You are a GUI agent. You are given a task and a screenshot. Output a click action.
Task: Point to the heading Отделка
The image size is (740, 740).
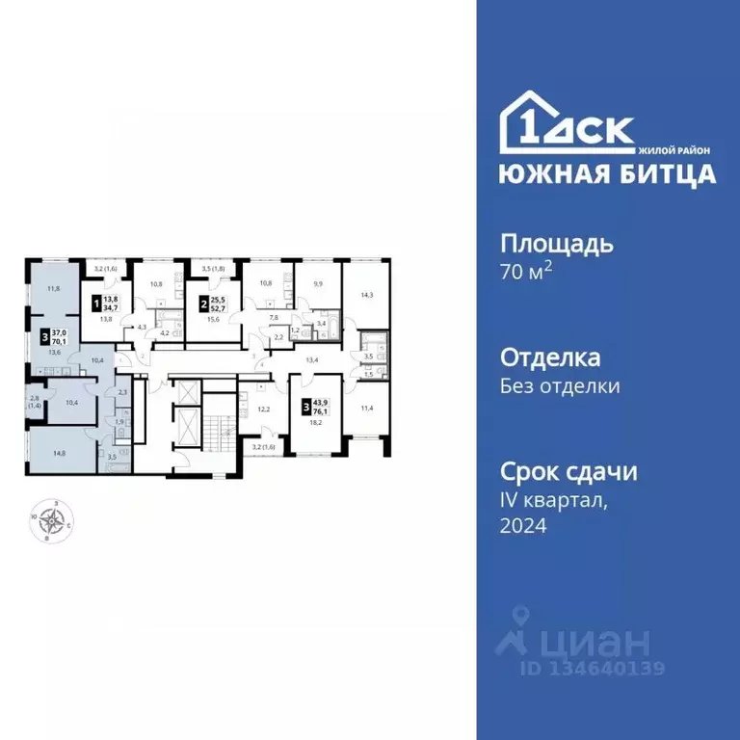(550, 358)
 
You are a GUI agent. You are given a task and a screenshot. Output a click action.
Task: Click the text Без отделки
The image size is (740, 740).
(559, 386)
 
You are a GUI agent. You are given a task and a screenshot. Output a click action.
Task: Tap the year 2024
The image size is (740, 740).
(523, 526)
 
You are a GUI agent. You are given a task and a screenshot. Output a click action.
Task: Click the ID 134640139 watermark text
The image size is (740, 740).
(593, 668)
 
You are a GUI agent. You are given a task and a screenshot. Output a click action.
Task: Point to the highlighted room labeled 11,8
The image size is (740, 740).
(52, 289)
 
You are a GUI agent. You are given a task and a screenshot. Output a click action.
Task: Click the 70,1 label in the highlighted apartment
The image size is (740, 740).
(58, 340)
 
